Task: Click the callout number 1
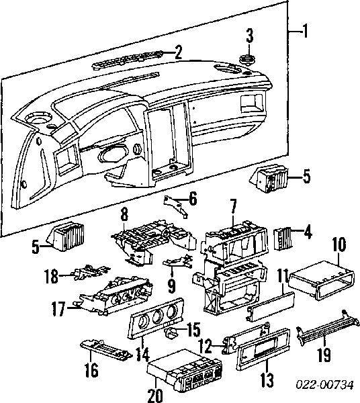[x=305, y=31]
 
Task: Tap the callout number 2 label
[x=178, y=52]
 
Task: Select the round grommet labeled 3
[x=247, y=60]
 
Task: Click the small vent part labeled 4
[x=282, y=238]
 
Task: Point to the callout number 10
[x=339, y=244]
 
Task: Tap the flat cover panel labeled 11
[x=271, y=306]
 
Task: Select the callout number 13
[x=267, y=379]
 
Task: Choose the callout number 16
[x=91, y=370]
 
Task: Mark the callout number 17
[x=58, y=309]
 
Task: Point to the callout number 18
[x=51, y=276]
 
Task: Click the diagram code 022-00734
[x=325, y=385]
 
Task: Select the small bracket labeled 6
[x=176, y=206]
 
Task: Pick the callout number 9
[x=171, y=286]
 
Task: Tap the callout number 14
[x=142, y=354]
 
